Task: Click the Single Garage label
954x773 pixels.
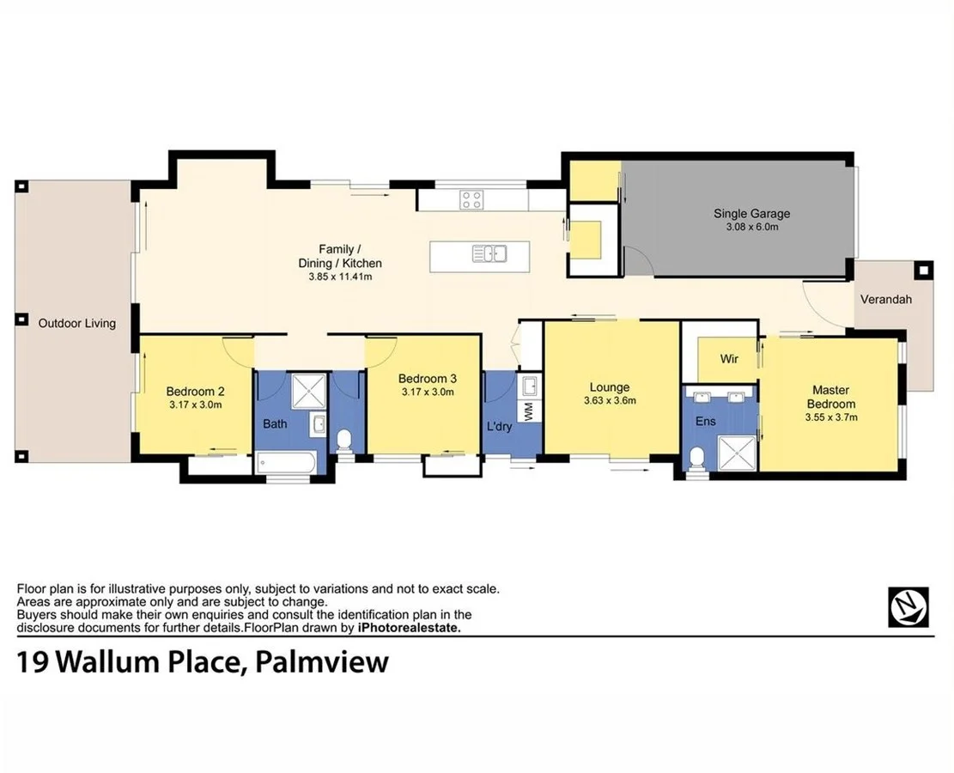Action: click(x=751, y=214)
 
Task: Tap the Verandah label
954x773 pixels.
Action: click(x=885, y=300)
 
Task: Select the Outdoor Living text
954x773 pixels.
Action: click(x=76, y=323)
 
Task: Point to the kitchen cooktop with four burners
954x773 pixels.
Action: click(x=471, y=200)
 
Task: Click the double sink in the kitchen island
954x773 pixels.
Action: click(x=488, y=253)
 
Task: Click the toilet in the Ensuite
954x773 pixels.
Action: click(x=697, y=457)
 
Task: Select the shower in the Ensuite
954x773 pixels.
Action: click(x=736, y=453)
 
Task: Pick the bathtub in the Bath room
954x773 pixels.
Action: click(x=287, y=465)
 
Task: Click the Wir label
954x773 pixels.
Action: click(x=729, y=358)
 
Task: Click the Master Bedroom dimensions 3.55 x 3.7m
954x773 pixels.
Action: click(x=830, y=417)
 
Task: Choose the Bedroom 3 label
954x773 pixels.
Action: click(x=427, y=379)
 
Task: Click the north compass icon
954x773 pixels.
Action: click(x=908, y=607)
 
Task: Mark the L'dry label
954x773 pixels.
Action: click(x=499, y=426)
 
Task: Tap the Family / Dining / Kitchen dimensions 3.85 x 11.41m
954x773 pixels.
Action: click(x=339, y=277)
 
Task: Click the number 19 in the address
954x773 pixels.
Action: click(x=33, y=662)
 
